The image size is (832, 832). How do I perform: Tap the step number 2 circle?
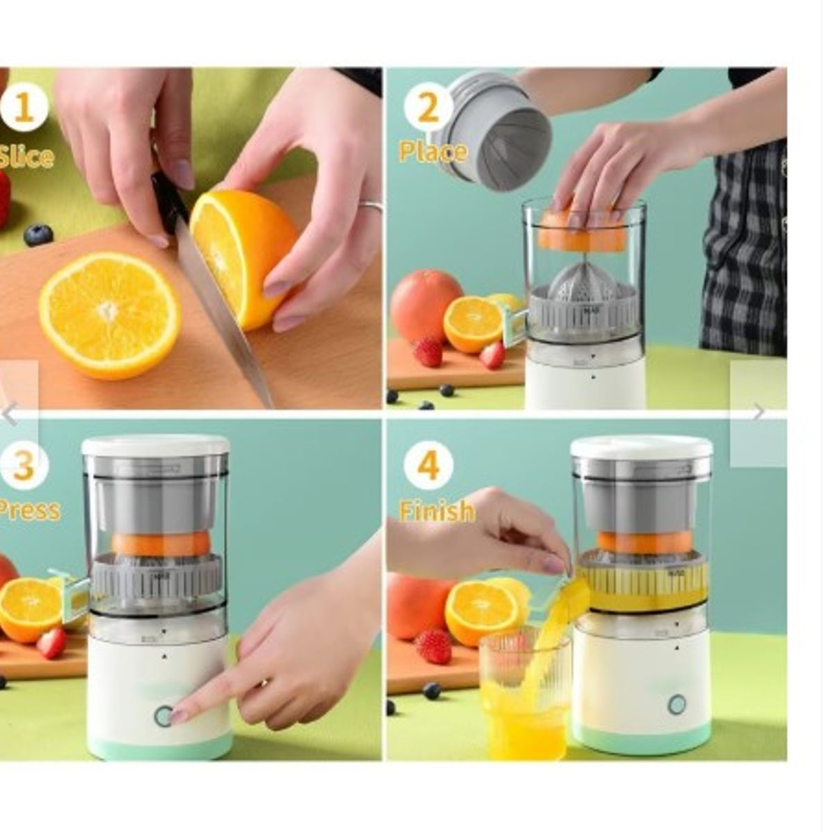click(x=428, y=108)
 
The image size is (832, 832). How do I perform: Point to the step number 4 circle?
click(x=428, y=465)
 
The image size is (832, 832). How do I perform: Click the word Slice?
click(x=26, y=157)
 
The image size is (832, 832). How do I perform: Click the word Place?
click(x=433, y=152)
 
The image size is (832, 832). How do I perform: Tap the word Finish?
click(x=437, y=512)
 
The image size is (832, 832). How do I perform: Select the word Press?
click(x=29, y=510)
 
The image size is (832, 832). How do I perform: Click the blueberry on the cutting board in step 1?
click(x=38, y=234)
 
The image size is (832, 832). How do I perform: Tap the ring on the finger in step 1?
click(x=371, y=206)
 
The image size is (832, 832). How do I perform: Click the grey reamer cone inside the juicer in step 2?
click(x=582, y=281)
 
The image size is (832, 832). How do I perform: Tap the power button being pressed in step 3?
click(x=163, y=716)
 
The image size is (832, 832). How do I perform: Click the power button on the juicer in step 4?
click(x=677, y=704)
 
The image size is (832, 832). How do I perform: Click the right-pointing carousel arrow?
click(x=759, y=413)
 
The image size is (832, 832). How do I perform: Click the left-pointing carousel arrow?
click(x=10, y=415)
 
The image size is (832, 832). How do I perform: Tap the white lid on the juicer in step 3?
click(x=155, y=445)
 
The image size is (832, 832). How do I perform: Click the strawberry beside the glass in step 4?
click(x=435, y=646)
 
